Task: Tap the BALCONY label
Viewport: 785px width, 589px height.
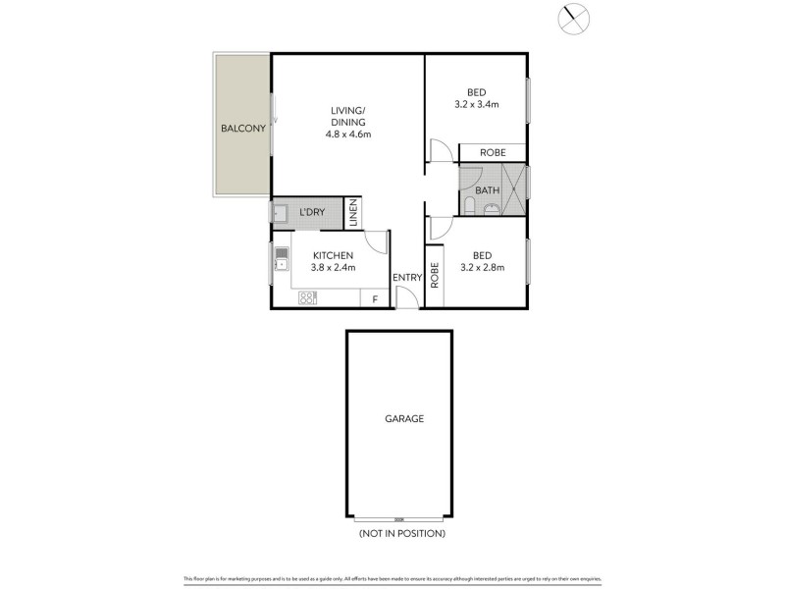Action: click(x=241, y=129)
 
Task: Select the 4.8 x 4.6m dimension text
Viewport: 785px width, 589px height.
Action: click(x=348, y=134)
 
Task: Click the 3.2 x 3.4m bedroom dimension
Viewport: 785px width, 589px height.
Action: click(x=477, y=104)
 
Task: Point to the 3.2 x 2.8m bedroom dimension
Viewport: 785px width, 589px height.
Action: click(x=477, y=267)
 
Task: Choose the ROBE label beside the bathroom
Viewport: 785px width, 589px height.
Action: click(x=493, y=153)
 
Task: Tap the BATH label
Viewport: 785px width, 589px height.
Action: click(x=488, y=190)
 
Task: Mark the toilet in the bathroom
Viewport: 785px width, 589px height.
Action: click(x=472, y=205)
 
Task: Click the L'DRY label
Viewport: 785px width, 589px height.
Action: click(x=312, y=213)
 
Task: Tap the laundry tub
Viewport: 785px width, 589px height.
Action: click(x=281, y=212)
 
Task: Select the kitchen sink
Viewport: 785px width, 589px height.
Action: click(x=282, y=258)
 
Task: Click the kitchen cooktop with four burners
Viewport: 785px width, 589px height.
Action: click(x=307, y=298)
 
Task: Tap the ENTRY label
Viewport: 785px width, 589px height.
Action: click(x=406, y=278)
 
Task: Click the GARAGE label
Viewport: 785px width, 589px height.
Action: click(x=403, y=418)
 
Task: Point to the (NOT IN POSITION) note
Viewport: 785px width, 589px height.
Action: click(x=402, y=533)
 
